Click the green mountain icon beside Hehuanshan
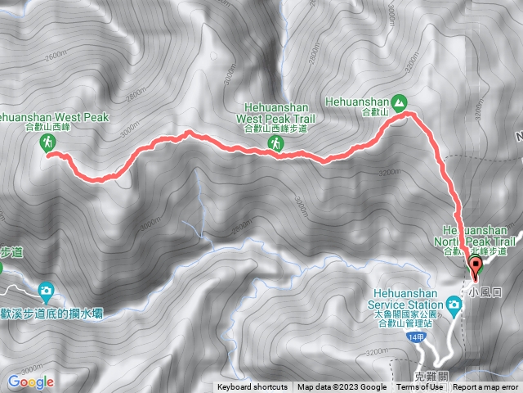pos(400,102)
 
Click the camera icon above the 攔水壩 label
pos(46,290)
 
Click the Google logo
pos(30,382)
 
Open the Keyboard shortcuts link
pos(252,387)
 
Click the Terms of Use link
pos(420,387)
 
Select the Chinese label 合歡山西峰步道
pos(277,129)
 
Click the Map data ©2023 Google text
pos(342,387)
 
